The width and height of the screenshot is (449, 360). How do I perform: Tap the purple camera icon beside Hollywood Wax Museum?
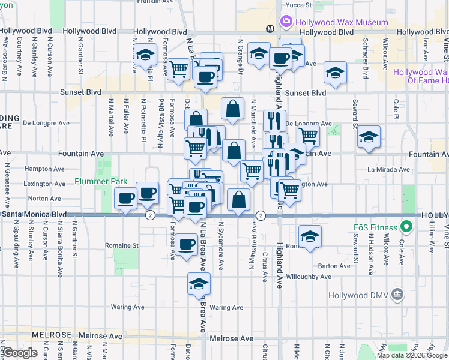point(286,22)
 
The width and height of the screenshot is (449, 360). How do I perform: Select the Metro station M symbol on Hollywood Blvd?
point(270,28)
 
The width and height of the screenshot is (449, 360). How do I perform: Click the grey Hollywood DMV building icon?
point(396,295)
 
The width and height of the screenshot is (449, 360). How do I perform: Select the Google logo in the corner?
point(20,353)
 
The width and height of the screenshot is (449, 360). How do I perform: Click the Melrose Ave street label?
point(231,339)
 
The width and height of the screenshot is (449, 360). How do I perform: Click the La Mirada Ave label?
point(388,170)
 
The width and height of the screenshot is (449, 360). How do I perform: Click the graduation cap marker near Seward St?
point(369,137)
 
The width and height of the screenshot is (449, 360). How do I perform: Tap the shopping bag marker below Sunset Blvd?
point(232,109)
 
